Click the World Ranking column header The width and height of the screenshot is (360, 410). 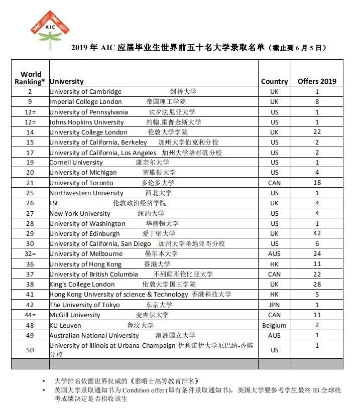30,78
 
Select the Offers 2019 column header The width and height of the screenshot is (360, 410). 317,81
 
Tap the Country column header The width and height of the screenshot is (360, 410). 274,81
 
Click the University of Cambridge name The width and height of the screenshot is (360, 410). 85,92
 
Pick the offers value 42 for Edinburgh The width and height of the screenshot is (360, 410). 317,234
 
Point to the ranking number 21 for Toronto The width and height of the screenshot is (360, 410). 30,183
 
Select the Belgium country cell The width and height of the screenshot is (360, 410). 274,325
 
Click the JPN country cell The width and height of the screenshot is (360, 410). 274,305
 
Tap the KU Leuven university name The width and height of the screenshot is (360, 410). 66,325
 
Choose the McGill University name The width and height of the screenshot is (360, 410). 75,315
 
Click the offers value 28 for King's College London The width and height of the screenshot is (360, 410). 317,285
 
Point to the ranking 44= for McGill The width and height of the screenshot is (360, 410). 30,315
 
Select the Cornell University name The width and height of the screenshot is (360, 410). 76,163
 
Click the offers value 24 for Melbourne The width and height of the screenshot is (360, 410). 317,254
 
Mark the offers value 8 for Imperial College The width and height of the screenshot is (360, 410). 317,102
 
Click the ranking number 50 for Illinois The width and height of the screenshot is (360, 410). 30,350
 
